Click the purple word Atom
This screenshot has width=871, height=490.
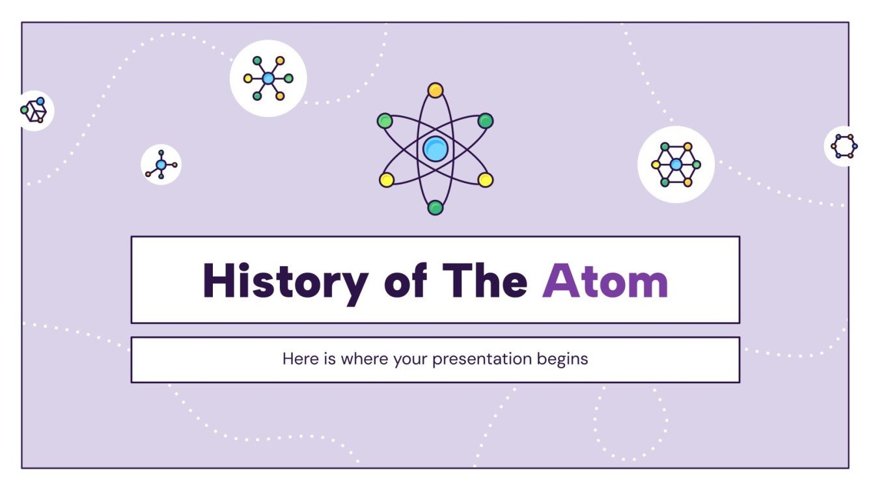click(605, 281)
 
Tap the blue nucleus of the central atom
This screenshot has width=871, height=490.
click(435, 149)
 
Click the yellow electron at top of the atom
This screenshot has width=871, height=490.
click(435, 90)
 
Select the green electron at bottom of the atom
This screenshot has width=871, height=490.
click(435, 208)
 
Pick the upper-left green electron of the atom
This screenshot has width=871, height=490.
click(385, 121)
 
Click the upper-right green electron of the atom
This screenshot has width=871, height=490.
click(485, 121)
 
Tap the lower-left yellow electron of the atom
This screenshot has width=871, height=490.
click(386, 180)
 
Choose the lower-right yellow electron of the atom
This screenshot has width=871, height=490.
click(485, 180)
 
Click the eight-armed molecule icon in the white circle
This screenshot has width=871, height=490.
click(268, 79)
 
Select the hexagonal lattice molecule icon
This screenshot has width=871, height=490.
click(676, 165)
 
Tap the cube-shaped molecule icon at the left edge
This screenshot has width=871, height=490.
click(34, 111)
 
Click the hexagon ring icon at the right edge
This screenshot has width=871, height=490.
click(844, 146)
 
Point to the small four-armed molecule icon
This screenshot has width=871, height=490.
click(161, 165)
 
